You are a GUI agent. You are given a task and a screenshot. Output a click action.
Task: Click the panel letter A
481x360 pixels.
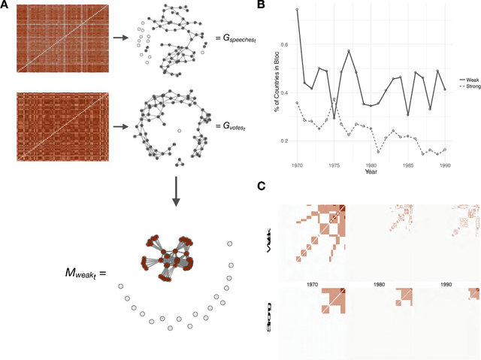click(5, 5)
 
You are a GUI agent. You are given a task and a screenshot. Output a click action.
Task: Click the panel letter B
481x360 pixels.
click(261, 5)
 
